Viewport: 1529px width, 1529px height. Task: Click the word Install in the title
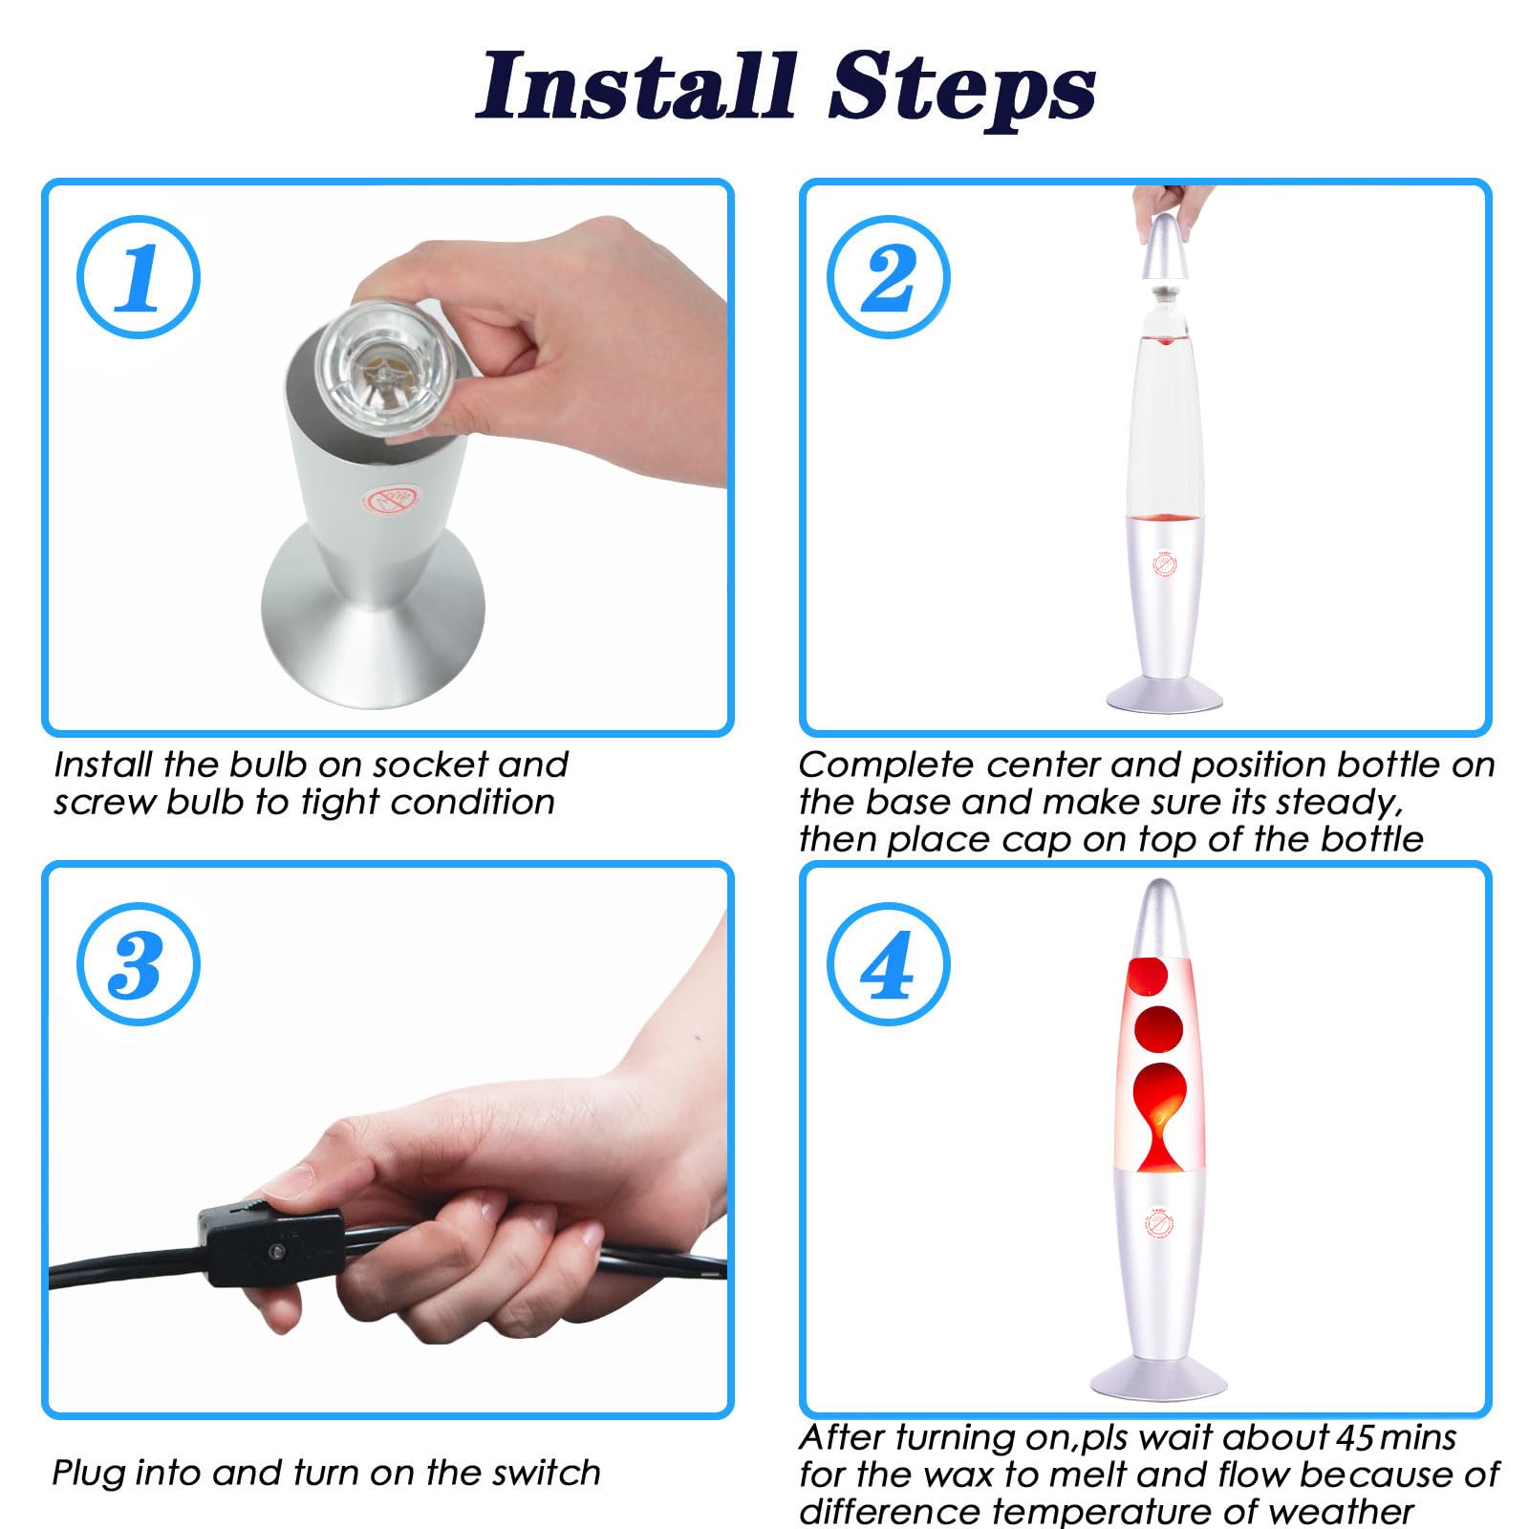(636, 88)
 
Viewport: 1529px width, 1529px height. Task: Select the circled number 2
(888, 277)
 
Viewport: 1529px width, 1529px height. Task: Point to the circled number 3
(139, 964)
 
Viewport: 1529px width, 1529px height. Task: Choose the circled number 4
(888, 964)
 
